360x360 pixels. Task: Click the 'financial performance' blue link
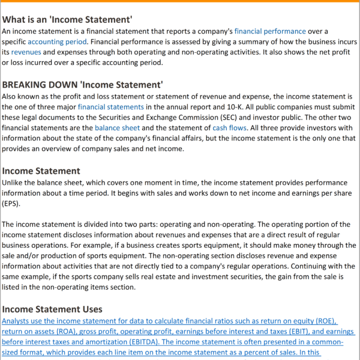270,31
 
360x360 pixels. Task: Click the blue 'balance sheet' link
117,128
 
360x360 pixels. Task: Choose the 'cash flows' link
227,128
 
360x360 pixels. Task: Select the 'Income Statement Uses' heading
52,309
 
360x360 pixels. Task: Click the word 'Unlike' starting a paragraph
14,182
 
